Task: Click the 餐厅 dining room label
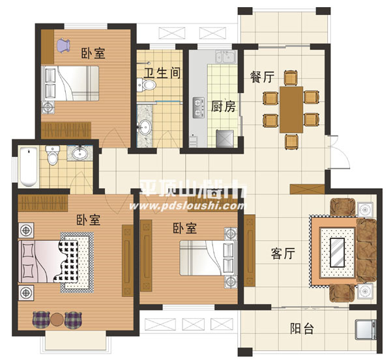(x=262, y=77)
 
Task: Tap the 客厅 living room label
(x=283, y=254)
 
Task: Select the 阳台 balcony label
(x=302, y=328)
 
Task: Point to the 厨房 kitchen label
(x=224, y=106)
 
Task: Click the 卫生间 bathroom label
(x=162, y=73)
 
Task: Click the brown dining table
(x=291, y=109)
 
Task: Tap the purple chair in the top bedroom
(x=63, y=46)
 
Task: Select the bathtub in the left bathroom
(x=29, y=167)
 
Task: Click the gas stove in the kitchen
(x=199, y=108)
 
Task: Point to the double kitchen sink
(x=225, y=57)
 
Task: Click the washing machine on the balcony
(x=366, y=329)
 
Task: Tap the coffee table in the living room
(x=338, y=253)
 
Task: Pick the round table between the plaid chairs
(x=57, y=320)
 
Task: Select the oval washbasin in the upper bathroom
(x=145, y=126)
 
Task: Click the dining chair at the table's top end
(x=291, y=78)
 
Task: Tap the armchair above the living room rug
(x=343, y=207)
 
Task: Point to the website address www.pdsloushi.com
(x=187, y=206)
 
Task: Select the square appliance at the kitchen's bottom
(x=225, y=139)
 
